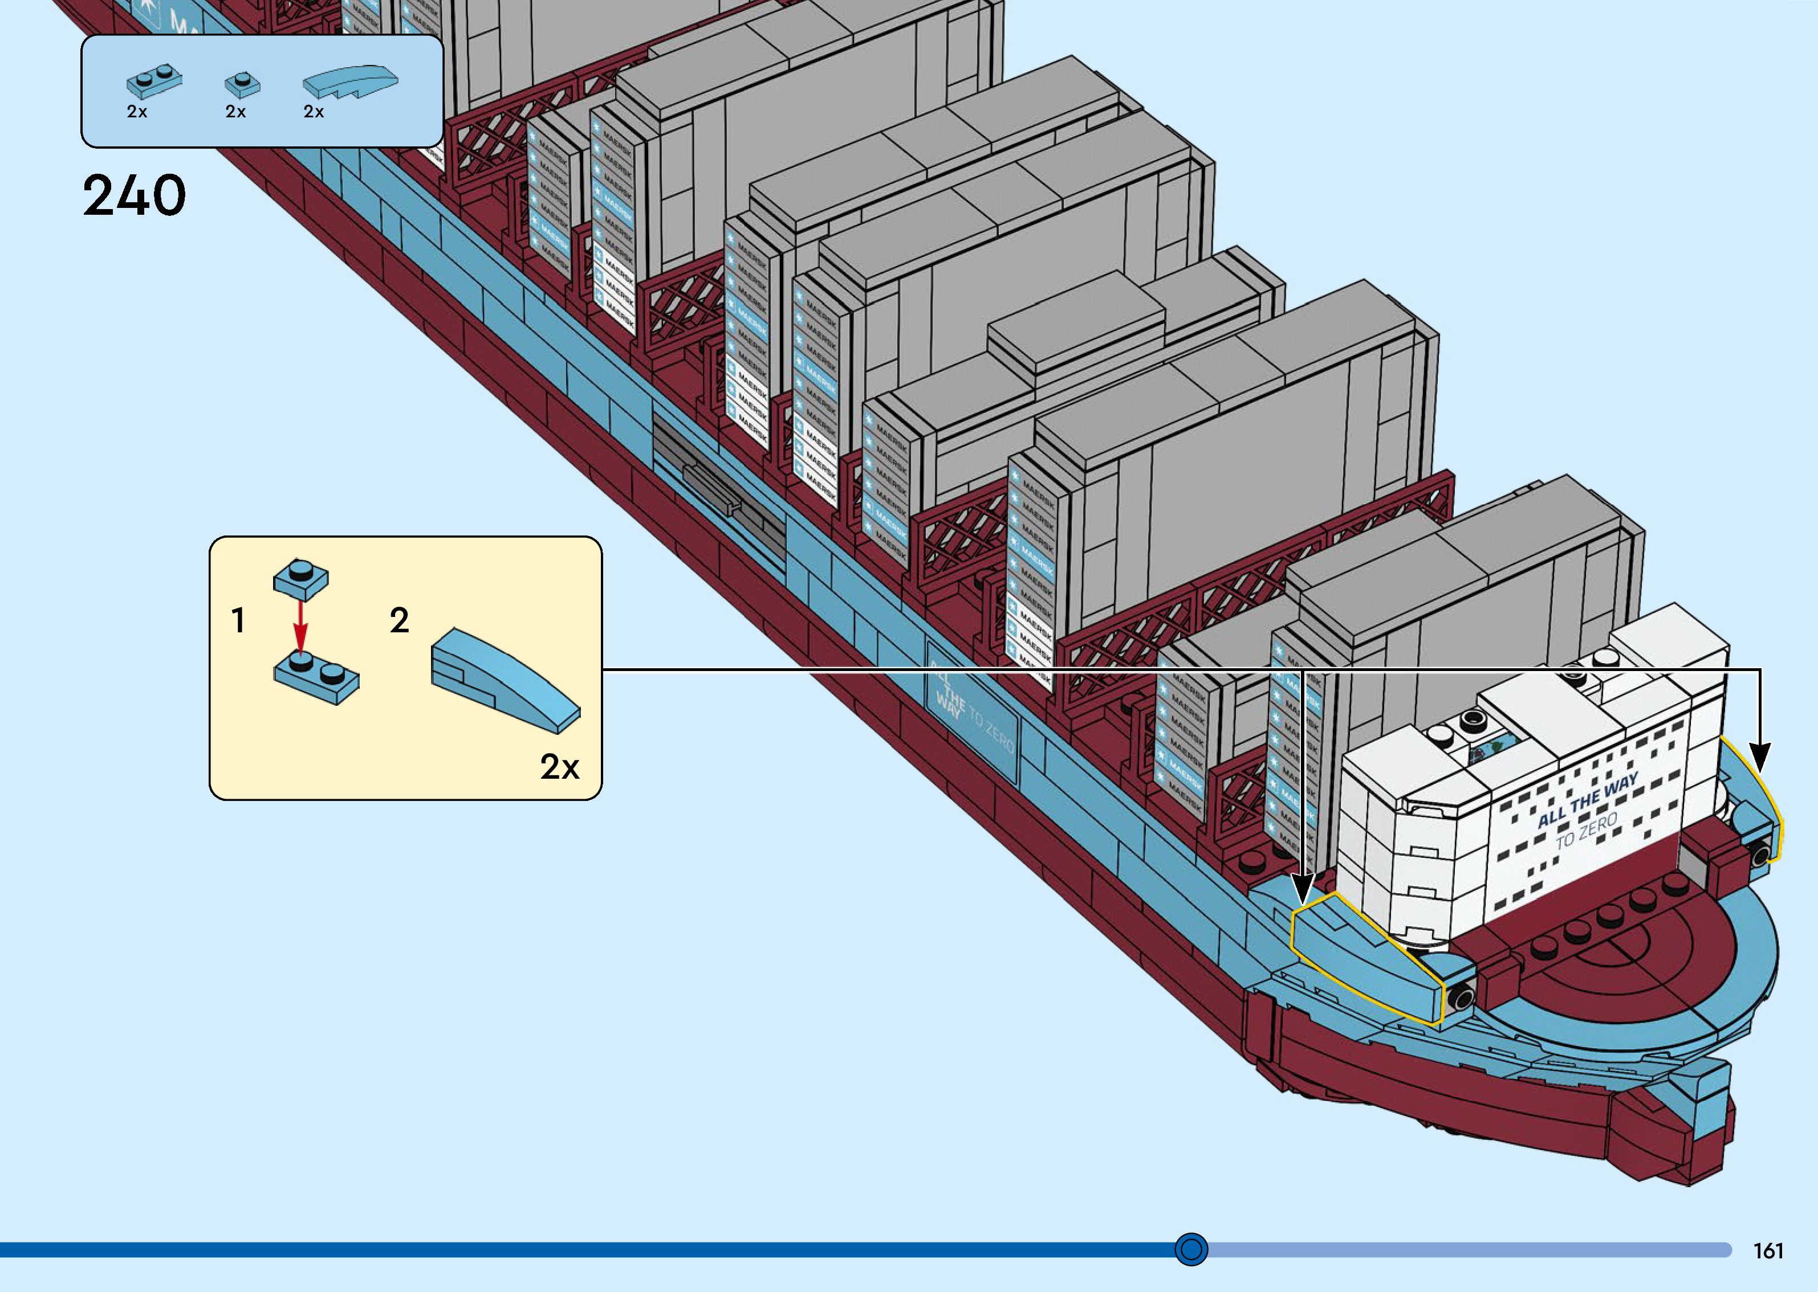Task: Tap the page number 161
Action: click(x=1768, y=1250)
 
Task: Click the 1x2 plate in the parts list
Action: click(x=153, y=78)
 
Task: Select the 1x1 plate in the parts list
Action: click(x=242, y=84)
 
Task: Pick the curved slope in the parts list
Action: click(x=349, y=80)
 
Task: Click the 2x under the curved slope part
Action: click(x=314, y=112)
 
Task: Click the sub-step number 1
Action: click(x=237, y=620)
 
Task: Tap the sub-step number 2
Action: click(x=399, y=620)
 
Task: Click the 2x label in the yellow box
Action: click(x=560, y=767)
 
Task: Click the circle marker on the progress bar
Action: click(x=1191, y=1249)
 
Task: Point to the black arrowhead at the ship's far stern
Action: click(x=1760, y=758)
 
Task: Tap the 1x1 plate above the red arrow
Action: click(x=300, y=577)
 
